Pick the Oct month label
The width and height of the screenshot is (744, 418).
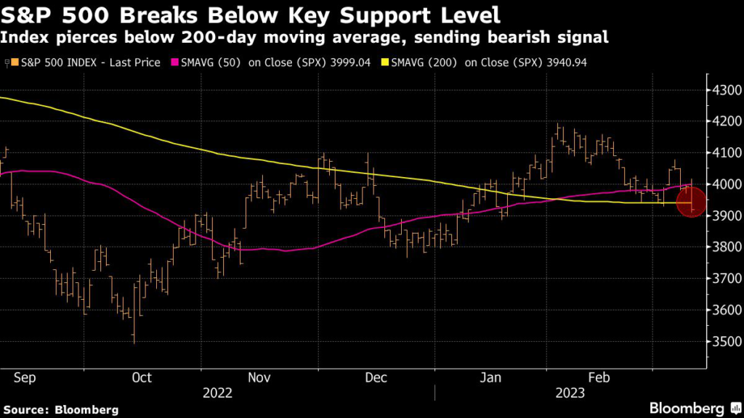142,377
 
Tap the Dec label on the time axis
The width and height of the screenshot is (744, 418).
376,377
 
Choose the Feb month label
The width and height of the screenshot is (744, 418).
598,377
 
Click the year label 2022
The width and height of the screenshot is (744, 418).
217,393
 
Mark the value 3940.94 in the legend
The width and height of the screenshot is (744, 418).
567,62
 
